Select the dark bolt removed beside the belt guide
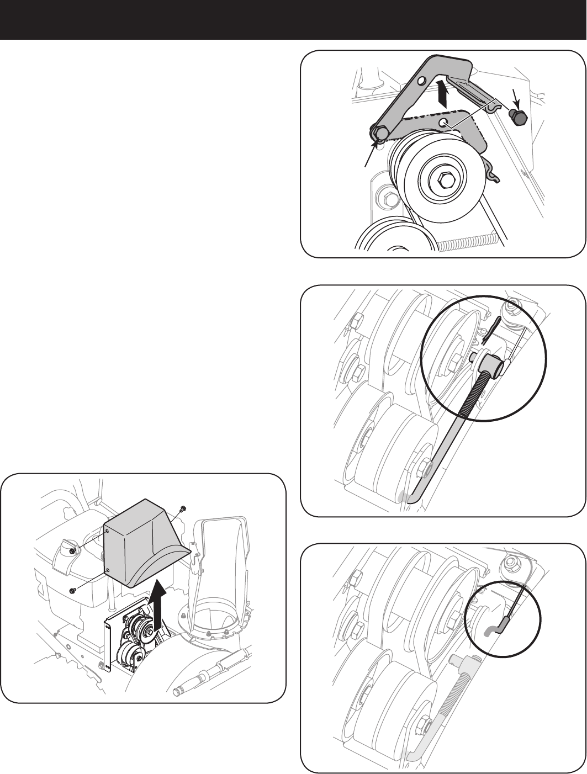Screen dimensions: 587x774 coord(518,116)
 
